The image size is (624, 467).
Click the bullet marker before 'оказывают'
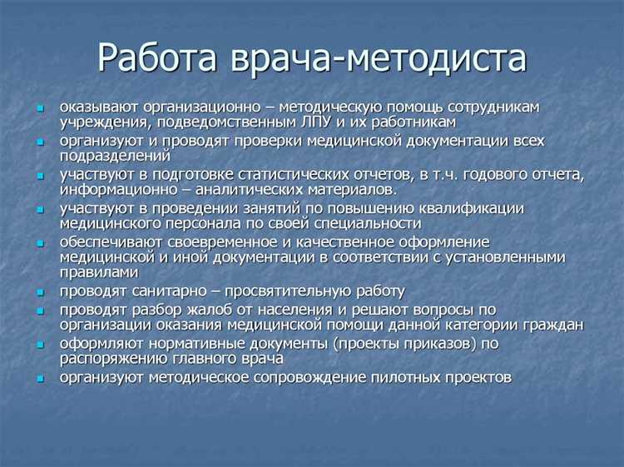[41, 108]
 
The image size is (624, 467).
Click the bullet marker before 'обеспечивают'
[41, 242]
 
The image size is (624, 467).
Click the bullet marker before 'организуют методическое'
[41, 378]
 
